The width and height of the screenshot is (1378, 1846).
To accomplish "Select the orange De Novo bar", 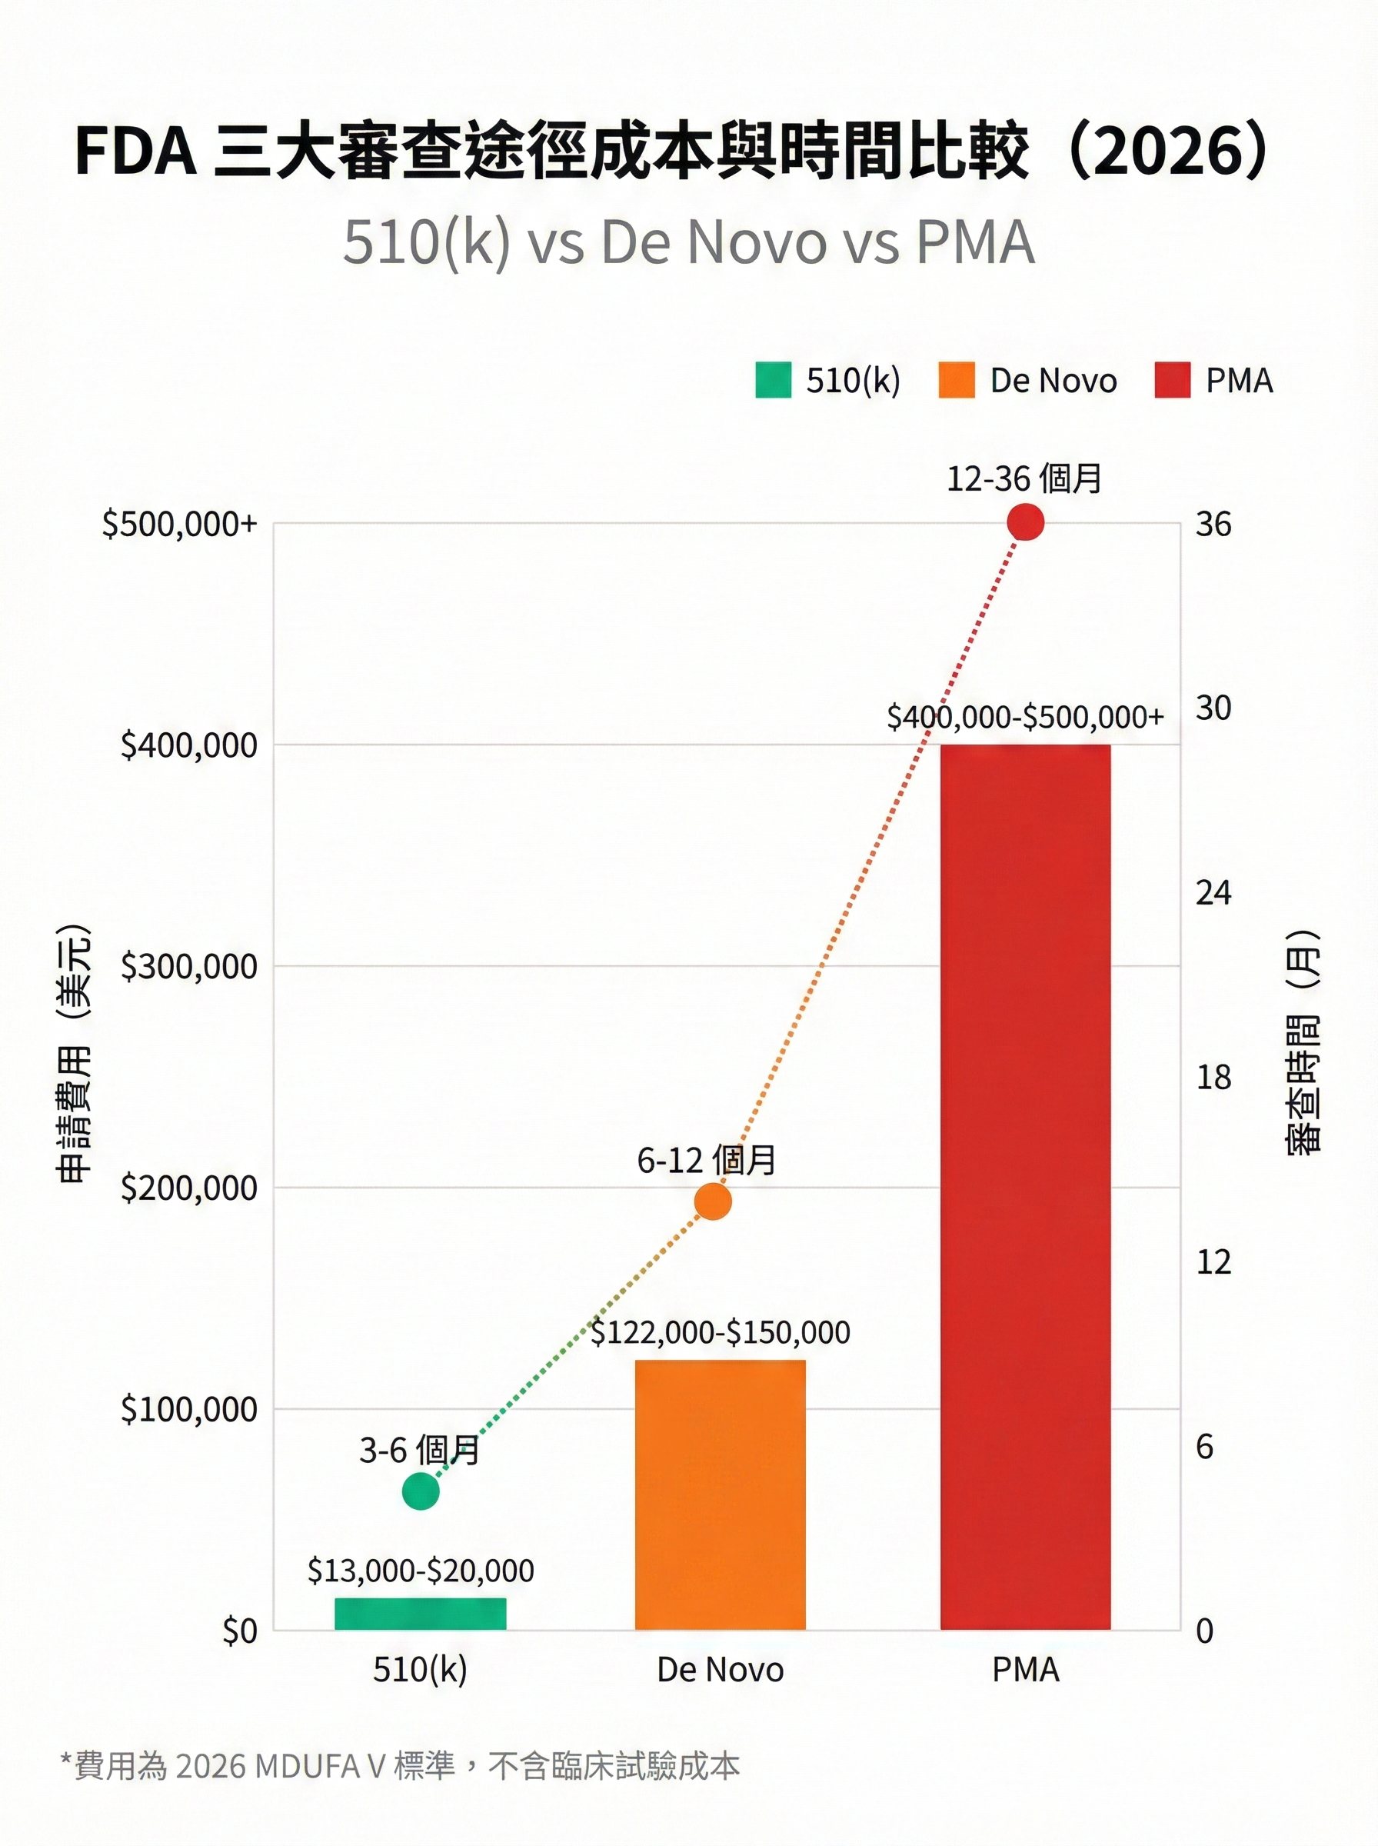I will click(720, 1494).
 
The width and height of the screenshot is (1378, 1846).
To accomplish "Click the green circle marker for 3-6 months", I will click(421, 1491).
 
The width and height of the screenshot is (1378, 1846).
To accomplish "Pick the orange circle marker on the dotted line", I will click(712, 1201).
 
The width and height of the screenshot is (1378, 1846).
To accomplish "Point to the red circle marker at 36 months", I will click(1025, 523).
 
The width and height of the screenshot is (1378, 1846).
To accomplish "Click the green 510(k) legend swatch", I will click(772, 381).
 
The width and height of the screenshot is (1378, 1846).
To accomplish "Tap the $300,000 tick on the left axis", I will click(188, 966).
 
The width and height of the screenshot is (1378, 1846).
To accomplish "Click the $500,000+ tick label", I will click(179, 524).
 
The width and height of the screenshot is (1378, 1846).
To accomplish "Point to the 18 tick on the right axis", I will click(1213, 1077).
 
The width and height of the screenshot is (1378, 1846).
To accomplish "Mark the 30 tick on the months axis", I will click(1213, 708).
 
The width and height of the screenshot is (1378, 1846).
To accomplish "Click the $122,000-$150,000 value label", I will click(720, 1332).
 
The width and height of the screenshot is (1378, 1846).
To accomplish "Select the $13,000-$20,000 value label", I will click(421, 1570).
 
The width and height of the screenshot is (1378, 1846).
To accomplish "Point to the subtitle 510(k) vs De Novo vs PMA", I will click(688, 243).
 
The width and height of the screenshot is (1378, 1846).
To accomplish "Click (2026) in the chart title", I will click(1168, 152).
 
